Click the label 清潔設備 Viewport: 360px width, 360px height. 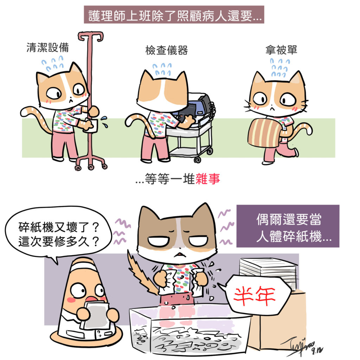(48, 47)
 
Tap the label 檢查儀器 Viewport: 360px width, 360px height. (167, 50)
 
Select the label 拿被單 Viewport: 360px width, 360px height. (281, 50)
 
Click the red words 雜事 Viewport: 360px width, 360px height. (208, 179)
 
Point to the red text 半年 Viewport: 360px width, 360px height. (255, 296)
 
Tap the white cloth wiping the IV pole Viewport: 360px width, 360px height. (92, 126)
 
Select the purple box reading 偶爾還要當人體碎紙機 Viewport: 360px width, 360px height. (288, 226)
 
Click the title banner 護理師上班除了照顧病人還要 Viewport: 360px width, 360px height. (174, 15)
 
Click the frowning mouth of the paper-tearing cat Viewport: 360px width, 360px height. (180, 255)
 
